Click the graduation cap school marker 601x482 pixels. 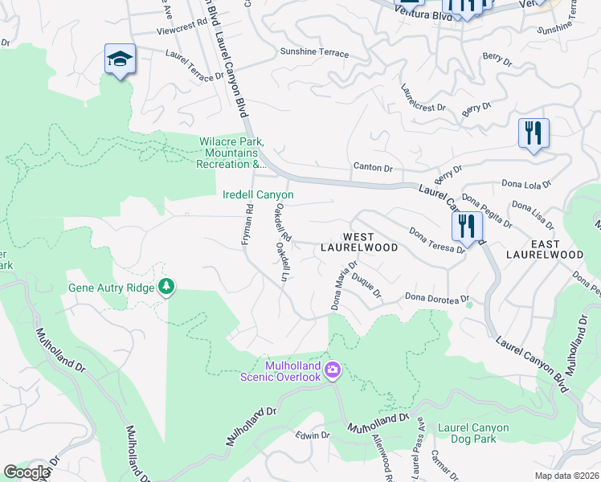120,59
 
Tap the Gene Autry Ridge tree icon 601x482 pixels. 166,286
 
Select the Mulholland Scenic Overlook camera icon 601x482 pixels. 333,370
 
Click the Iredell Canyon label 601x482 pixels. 258,195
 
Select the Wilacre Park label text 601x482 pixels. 231,153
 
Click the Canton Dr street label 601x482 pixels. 373,168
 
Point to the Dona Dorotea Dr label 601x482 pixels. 433,297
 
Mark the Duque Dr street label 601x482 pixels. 366,285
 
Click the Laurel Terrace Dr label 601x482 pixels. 194,66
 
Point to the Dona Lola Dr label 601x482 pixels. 526,184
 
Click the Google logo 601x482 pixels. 26,472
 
